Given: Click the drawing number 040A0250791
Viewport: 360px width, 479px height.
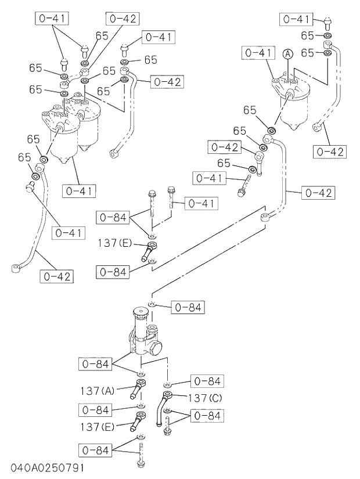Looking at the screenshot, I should coord(46,468).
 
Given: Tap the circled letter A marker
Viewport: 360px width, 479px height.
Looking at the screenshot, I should coord(287,54).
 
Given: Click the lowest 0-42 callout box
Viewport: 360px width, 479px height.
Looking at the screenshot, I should coord(57,276).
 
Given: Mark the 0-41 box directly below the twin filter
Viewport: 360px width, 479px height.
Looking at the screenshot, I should coord(80,190).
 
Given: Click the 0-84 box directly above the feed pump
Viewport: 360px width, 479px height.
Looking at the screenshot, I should coord(188,307).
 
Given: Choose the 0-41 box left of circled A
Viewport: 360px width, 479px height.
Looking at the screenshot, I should coord(257,53).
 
